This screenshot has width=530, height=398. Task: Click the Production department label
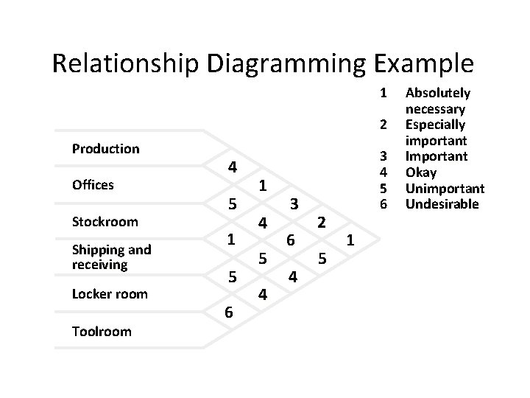(x=105, y=148)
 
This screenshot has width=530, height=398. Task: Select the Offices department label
(x=93, y=185)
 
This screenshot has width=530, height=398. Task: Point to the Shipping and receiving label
(x=111, y=256)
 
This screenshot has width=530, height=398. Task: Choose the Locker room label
(x=109, y=294)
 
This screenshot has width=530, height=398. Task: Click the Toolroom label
(x=102, y=331)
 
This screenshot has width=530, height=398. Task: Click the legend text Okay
(x=421, y=172)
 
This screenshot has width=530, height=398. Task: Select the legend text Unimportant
(x=445, y=188)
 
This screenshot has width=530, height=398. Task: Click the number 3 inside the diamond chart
(x=293, y=203)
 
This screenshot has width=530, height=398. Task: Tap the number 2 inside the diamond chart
(x=321, y=221)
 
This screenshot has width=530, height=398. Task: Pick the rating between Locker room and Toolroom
(x=229, y=313)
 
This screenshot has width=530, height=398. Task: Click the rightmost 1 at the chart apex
(x=350, y=240)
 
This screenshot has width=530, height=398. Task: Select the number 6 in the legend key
(x=382, y=204)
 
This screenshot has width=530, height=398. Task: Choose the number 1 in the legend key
(x=382, y=93)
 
